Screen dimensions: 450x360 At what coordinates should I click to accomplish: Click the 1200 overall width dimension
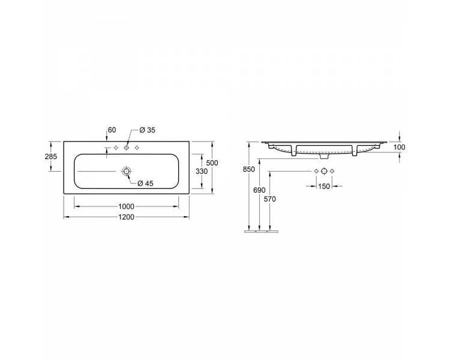click(126, 217)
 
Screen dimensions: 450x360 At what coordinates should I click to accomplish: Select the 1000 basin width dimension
click(126, 206)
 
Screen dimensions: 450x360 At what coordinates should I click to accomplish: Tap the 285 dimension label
click(51, 157)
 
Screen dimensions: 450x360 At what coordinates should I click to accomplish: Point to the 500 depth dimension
click(212, 163)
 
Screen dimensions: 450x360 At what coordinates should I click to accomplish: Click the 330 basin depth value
click(202, 172)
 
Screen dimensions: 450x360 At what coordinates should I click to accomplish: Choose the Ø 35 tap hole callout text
click(147, 130)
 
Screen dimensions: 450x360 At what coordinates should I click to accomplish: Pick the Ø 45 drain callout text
click(146, 184)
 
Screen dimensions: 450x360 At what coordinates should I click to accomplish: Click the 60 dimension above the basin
click(112, 130)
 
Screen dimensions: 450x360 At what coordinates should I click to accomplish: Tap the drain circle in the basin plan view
click(126, 172)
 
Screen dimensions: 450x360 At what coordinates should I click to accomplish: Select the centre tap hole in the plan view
click(126, 148)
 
